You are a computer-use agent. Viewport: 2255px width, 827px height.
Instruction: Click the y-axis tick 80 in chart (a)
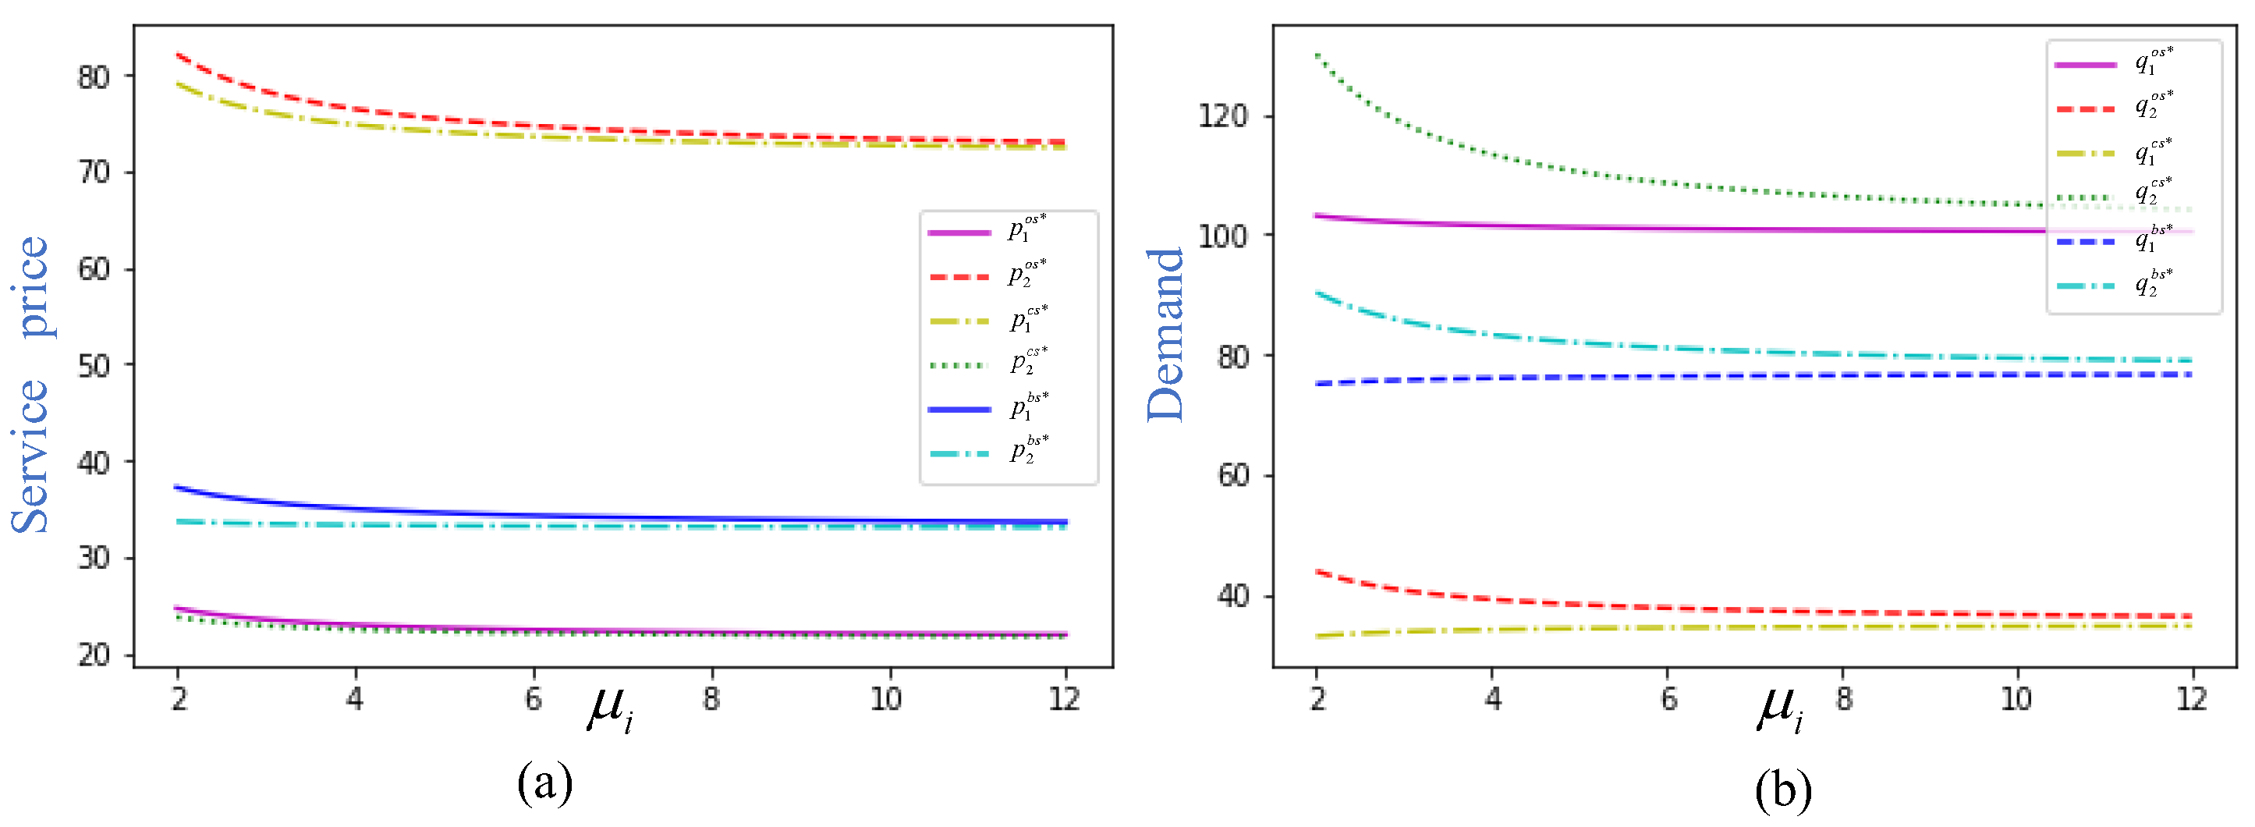point(94,77)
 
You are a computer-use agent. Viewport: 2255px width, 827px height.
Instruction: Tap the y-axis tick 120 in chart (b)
point(1222,115)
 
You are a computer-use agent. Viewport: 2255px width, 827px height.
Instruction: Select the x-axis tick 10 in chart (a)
point(886,698)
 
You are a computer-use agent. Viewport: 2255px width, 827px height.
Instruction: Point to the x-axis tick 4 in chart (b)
point(1492,698)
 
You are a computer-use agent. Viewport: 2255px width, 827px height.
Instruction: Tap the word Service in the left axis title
point(30,455)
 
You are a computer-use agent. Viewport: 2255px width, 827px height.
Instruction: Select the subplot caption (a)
point(544,784)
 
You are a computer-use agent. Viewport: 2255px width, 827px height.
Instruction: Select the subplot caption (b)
point(1782,790)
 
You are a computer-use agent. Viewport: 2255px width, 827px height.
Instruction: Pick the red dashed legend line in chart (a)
point(959,276)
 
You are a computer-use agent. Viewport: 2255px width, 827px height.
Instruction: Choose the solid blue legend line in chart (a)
point(959,409)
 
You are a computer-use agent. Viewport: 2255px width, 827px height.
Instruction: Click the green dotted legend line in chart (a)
point(959,365)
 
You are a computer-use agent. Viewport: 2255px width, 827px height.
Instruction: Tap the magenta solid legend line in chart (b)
point(2085,65)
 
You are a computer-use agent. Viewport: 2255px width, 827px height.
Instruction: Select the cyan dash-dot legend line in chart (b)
point(2085,286)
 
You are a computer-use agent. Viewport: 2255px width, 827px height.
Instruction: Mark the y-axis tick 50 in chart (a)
point(94,366)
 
